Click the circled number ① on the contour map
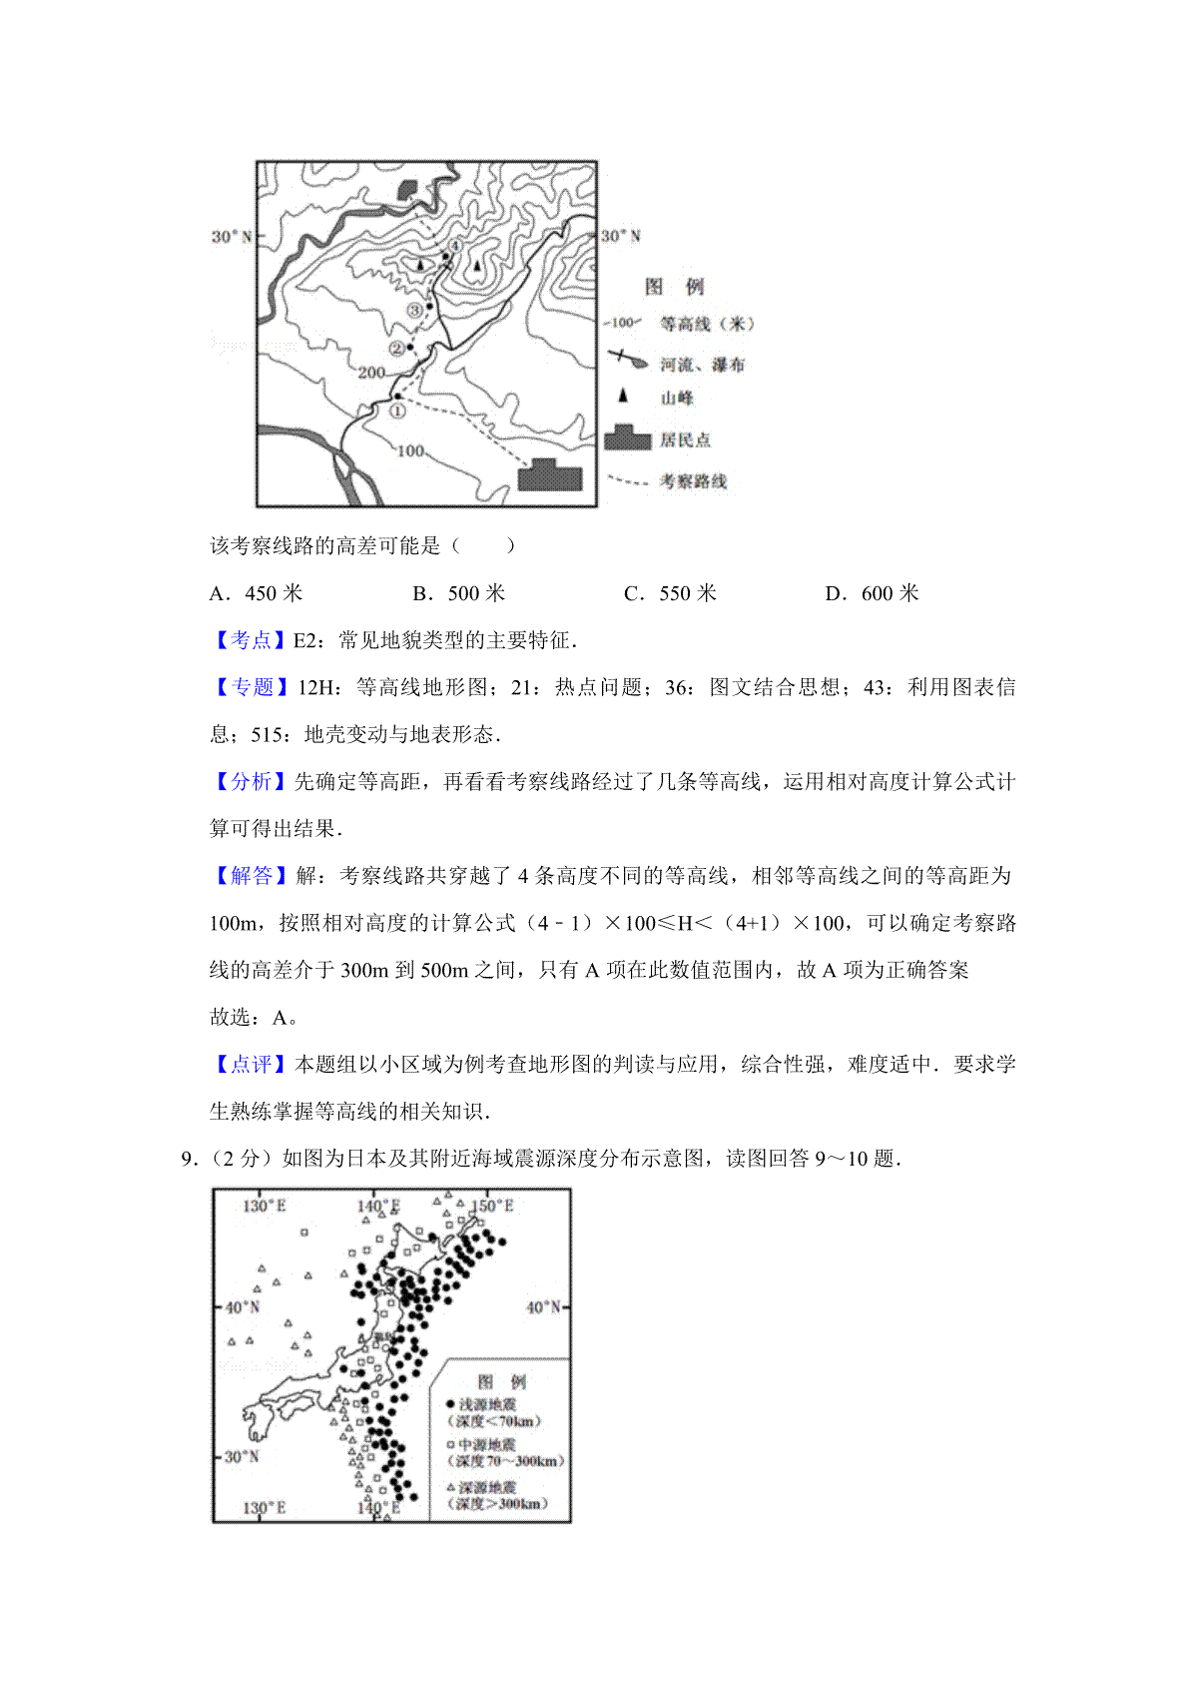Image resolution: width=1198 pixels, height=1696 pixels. pos(397,410)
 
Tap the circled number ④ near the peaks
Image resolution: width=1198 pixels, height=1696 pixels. pos(455,246)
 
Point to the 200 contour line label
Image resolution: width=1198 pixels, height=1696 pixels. pos(371,373)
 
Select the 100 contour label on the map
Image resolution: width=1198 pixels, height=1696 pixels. pos(411,450)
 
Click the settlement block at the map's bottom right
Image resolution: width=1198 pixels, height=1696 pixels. pos(549,475)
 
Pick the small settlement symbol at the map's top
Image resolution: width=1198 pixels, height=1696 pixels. pos(408,189)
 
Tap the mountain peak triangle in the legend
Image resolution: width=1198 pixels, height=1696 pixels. pos(624,397)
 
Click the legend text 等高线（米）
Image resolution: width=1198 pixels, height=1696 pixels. pos(708,324)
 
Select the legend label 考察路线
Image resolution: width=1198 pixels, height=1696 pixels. pos(693,481)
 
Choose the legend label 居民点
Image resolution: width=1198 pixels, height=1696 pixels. pos(685,439)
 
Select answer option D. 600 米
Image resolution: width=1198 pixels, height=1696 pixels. pos(872,593)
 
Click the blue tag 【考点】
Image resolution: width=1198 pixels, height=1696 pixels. pos(250,640)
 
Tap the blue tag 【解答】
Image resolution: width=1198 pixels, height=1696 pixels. pos(250,876)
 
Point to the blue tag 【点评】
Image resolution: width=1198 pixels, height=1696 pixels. pos(250,1065)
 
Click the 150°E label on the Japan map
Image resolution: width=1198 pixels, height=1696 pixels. pos(493,1206)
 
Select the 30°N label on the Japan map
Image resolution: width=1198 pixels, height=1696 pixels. pos(242,1456)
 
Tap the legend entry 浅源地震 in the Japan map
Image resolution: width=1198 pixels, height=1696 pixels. pos(487,1404)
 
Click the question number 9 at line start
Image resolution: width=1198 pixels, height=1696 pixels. pos(187,1159)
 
